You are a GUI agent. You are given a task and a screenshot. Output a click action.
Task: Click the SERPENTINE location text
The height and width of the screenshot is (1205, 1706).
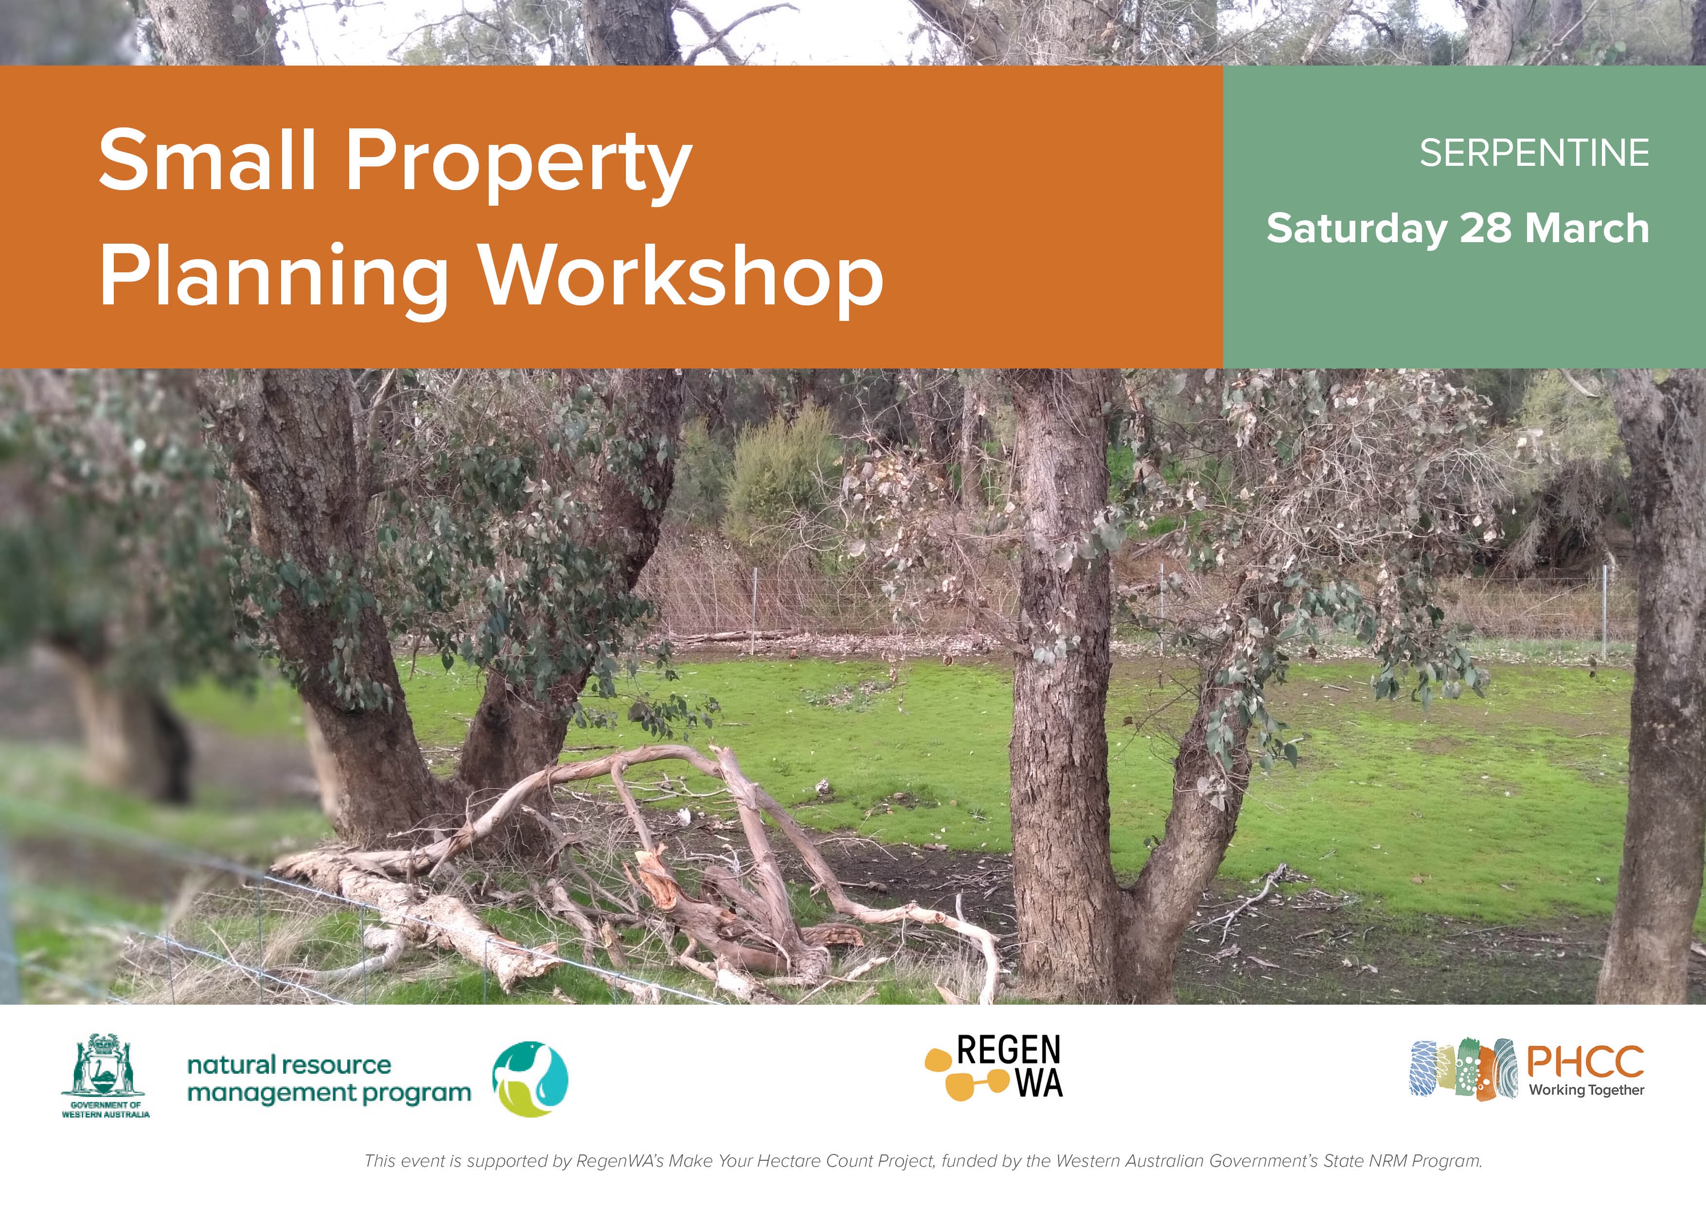1534,153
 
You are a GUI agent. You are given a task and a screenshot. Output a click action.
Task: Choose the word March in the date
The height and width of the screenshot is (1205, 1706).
1587,227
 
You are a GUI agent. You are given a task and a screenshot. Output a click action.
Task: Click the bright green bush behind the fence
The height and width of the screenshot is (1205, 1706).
780,476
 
